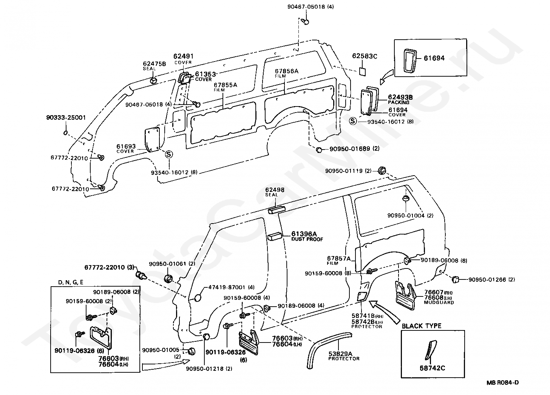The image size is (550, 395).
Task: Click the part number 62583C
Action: pyautogui.click(x=365, y=56)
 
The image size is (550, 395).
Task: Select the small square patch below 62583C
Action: pyautogui.click(x=362, y=71)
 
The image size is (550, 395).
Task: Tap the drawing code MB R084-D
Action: pyautogui.click(x=503, y=383)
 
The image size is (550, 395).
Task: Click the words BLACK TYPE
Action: pyautogui.click(x=421, y=326)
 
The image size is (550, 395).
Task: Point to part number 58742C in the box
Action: pyautogui.click(x=432, y=368)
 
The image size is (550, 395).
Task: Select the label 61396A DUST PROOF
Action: pyautogui.click(x=307, y=236)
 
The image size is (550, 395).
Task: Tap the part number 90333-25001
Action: pyautogui.click(x=66, y=117)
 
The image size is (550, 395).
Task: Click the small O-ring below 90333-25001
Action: pyautogui.click(x=66, y=133)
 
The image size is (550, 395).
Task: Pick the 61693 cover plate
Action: pyautogui.click(x=152, y=139)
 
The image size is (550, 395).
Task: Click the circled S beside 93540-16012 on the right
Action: pyautogui.click(x=353, y=121)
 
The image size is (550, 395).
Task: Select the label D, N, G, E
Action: pyautogui.click(x=71, y=282)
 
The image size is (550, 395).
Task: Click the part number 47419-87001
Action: pyautogui.click(x=228, y=287)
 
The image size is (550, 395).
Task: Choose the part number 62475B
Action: pyautogui.click(x=154, y=64)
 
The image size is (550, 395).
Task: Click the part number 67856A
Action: pyautogui.click(x=287, y=71)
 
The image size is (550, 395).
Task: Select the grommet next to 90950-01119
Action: pyautogui.click(x=382, y=170)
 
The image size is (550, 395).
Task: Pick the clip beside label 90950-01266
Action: pyautogui.click(x=456, y=279)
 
